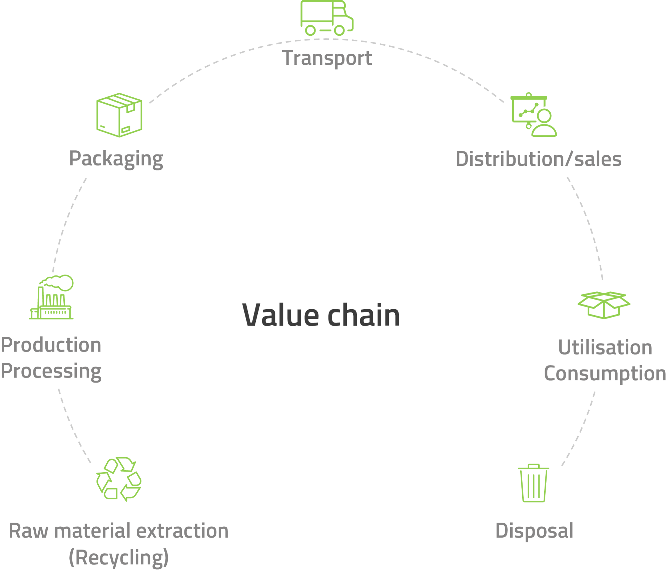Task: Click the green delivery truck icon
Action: tap(326, 18)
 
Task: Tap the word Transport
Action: tap(327, 58)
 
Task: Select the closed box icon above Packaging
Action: tap(119, 115)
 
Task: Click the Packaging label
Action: tap(116, 159)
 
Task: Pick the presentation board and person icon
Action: tap(534, 115)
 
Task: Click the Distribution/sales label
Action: tap(539, 159)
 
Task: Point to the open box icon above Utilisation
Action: tap(604, 305)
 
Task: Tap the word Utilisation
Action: tap(605, 348)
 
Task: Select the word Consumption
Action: tap(605, 374)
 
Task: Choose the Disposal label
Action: tap(534, 531)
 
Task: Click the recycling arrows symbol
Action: tap(119, 479)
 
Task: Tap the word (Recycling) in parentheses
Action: tap(119, 557)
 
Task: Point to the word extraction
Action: tap(182, 531)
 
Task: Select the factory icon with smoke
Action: tap(51, 297)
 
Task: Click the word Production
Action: tap(51, 345)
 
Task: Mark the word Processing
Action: tap(51, 371)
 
